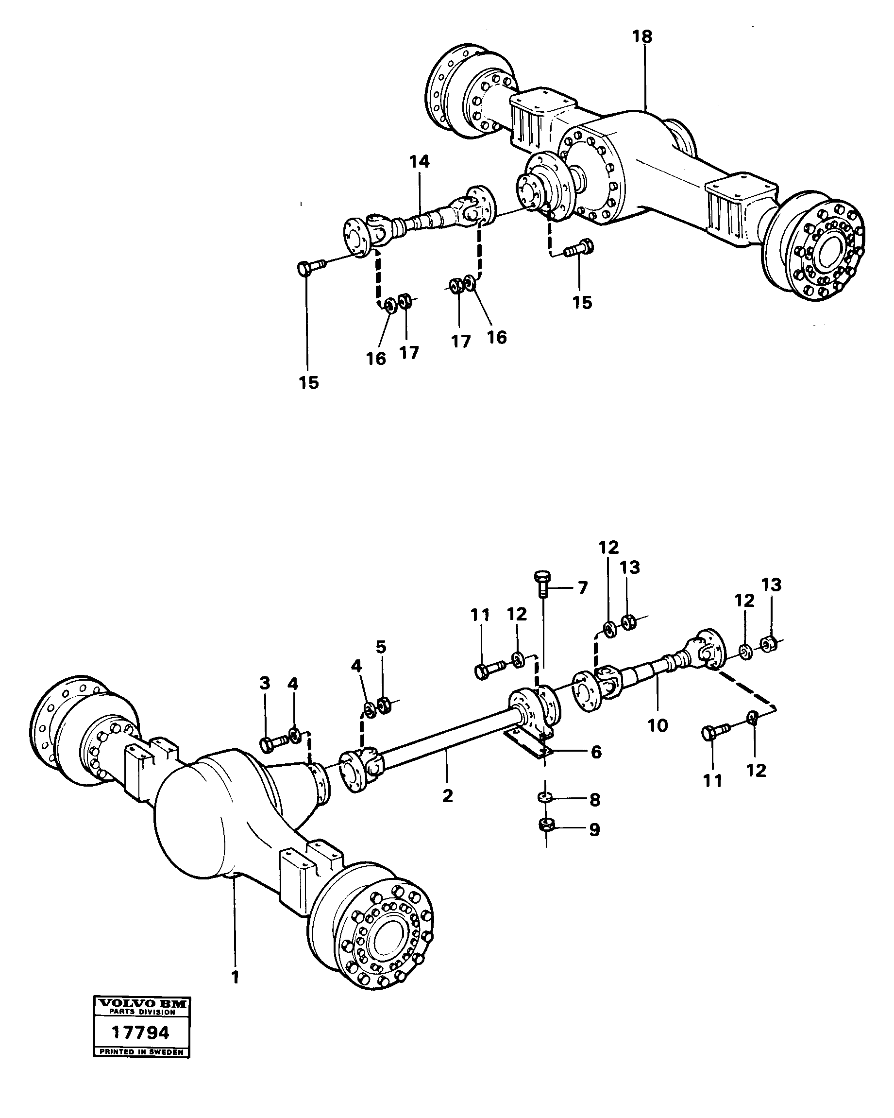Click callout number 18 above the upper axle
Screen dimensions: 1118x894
tap(642, 37)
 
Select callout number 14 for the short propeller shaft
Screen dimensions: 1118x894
tap(419, 162)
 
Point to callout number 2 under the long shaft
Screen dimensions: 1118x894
tap(447, 795)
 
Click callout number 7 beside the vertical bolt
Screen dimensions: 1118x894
tap(583, 588)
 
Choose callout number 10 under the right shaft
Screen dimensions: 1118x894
tap(658, 725)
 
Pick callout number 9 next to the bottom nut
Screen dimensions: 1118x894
tap(594, 830)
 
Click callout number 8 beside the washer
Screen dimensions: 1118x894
tap(594, 800)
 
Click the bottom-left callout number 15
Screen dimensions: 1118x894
tap(308, 383)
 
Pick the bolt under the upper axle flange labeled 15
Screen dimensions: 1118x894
tap(579, 247)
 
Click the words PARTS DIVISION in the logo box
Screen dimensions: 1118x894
tap(141, 1012)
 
